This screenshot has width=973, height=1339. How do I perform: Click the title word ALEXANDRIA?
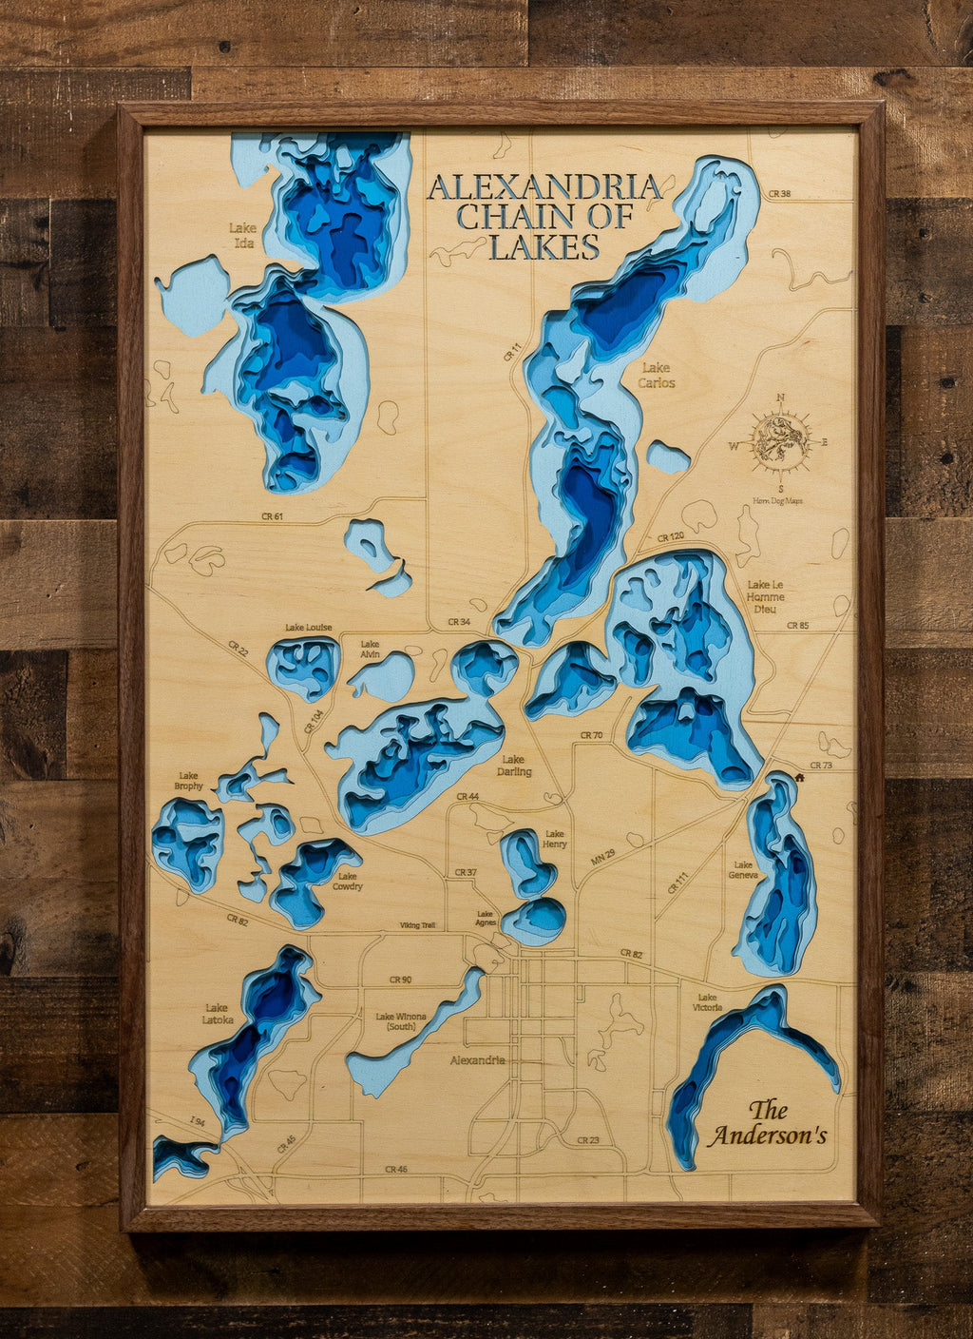544,187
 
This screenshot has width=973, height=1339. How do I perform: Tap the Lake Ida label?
242,235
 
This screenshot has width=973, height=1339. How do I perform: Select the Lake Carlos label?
657,375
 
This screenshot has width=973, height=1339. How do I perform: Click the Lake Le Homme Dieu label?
766,596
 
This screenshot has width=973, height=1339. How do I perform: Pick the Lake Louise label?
308,628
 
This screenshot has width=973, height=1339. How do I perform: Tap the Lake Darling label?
513,766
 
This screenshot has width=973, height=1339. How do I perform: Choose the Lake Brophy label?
188,781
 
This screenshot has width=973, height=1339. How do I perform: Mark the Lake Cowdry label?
348,881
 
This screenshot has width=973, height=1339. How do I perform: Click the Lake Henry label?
554,839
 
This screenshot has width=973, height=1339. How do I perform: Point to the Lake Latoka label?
217,1014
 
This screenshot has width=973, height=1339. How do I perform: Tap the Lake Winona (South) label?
400,1021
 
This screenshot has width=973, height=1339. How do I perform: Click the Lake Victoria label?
707,1002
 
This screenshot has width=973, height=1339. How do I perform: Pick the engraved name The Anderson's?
769,1123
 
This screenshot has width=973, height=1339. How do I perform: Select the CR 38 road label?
779,194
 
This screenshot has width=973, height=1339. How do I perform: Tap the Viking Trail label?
417,924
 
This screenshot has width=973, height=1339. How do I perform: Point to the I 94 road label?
197,1122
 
